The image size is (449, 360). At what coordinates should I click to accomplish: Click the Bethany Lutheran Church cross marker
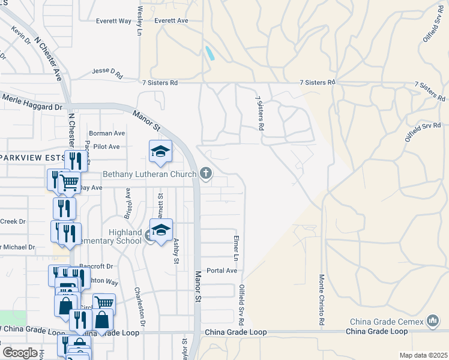(x=206, y=174)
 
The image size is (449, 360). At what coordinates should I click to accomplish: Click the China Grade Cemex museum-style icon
(x=433, y=321)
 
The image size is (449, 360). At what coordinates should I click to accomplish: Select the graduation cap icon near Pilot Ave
(x=160, y=151)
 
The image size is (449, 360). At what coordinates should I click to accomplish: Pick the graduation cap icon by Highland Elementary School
(x=161, y=230)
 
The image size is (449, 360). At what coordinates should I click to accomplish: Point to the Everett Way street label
(x=113, y=20)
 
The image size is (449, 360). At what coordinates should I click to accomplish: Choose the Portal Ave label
(x=221, y=271)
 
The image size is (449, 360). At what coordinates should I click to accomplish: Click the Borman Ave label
(x=107, y=133)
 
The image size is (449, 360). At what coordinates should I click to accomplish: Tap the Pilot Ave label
(x=105, y=146)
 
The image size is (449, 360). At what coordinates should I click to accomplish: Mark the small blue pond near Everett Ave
(x=211, y=53)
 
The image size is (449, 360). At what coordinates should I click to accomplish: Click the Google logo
(x=20, y=352)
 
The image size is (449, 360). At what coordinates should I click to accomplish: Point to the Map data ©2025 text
(x=423, y=355)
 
